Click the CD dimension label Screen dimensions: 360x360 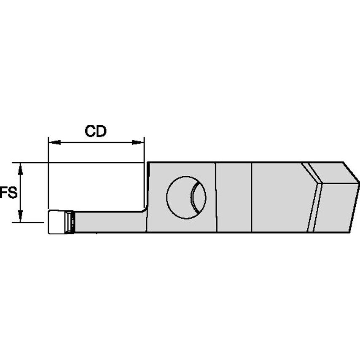(96, 131)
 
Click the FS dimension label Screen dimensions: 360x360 (8, 193)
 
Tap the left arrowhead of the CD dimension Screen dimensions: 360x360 (53, 142)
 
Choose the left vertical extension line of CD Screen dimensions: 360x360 (48, 177)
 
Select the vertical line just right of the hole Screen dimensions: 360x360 (216, 197)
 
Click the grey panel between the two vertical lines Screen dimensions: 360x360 (234, 197)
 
